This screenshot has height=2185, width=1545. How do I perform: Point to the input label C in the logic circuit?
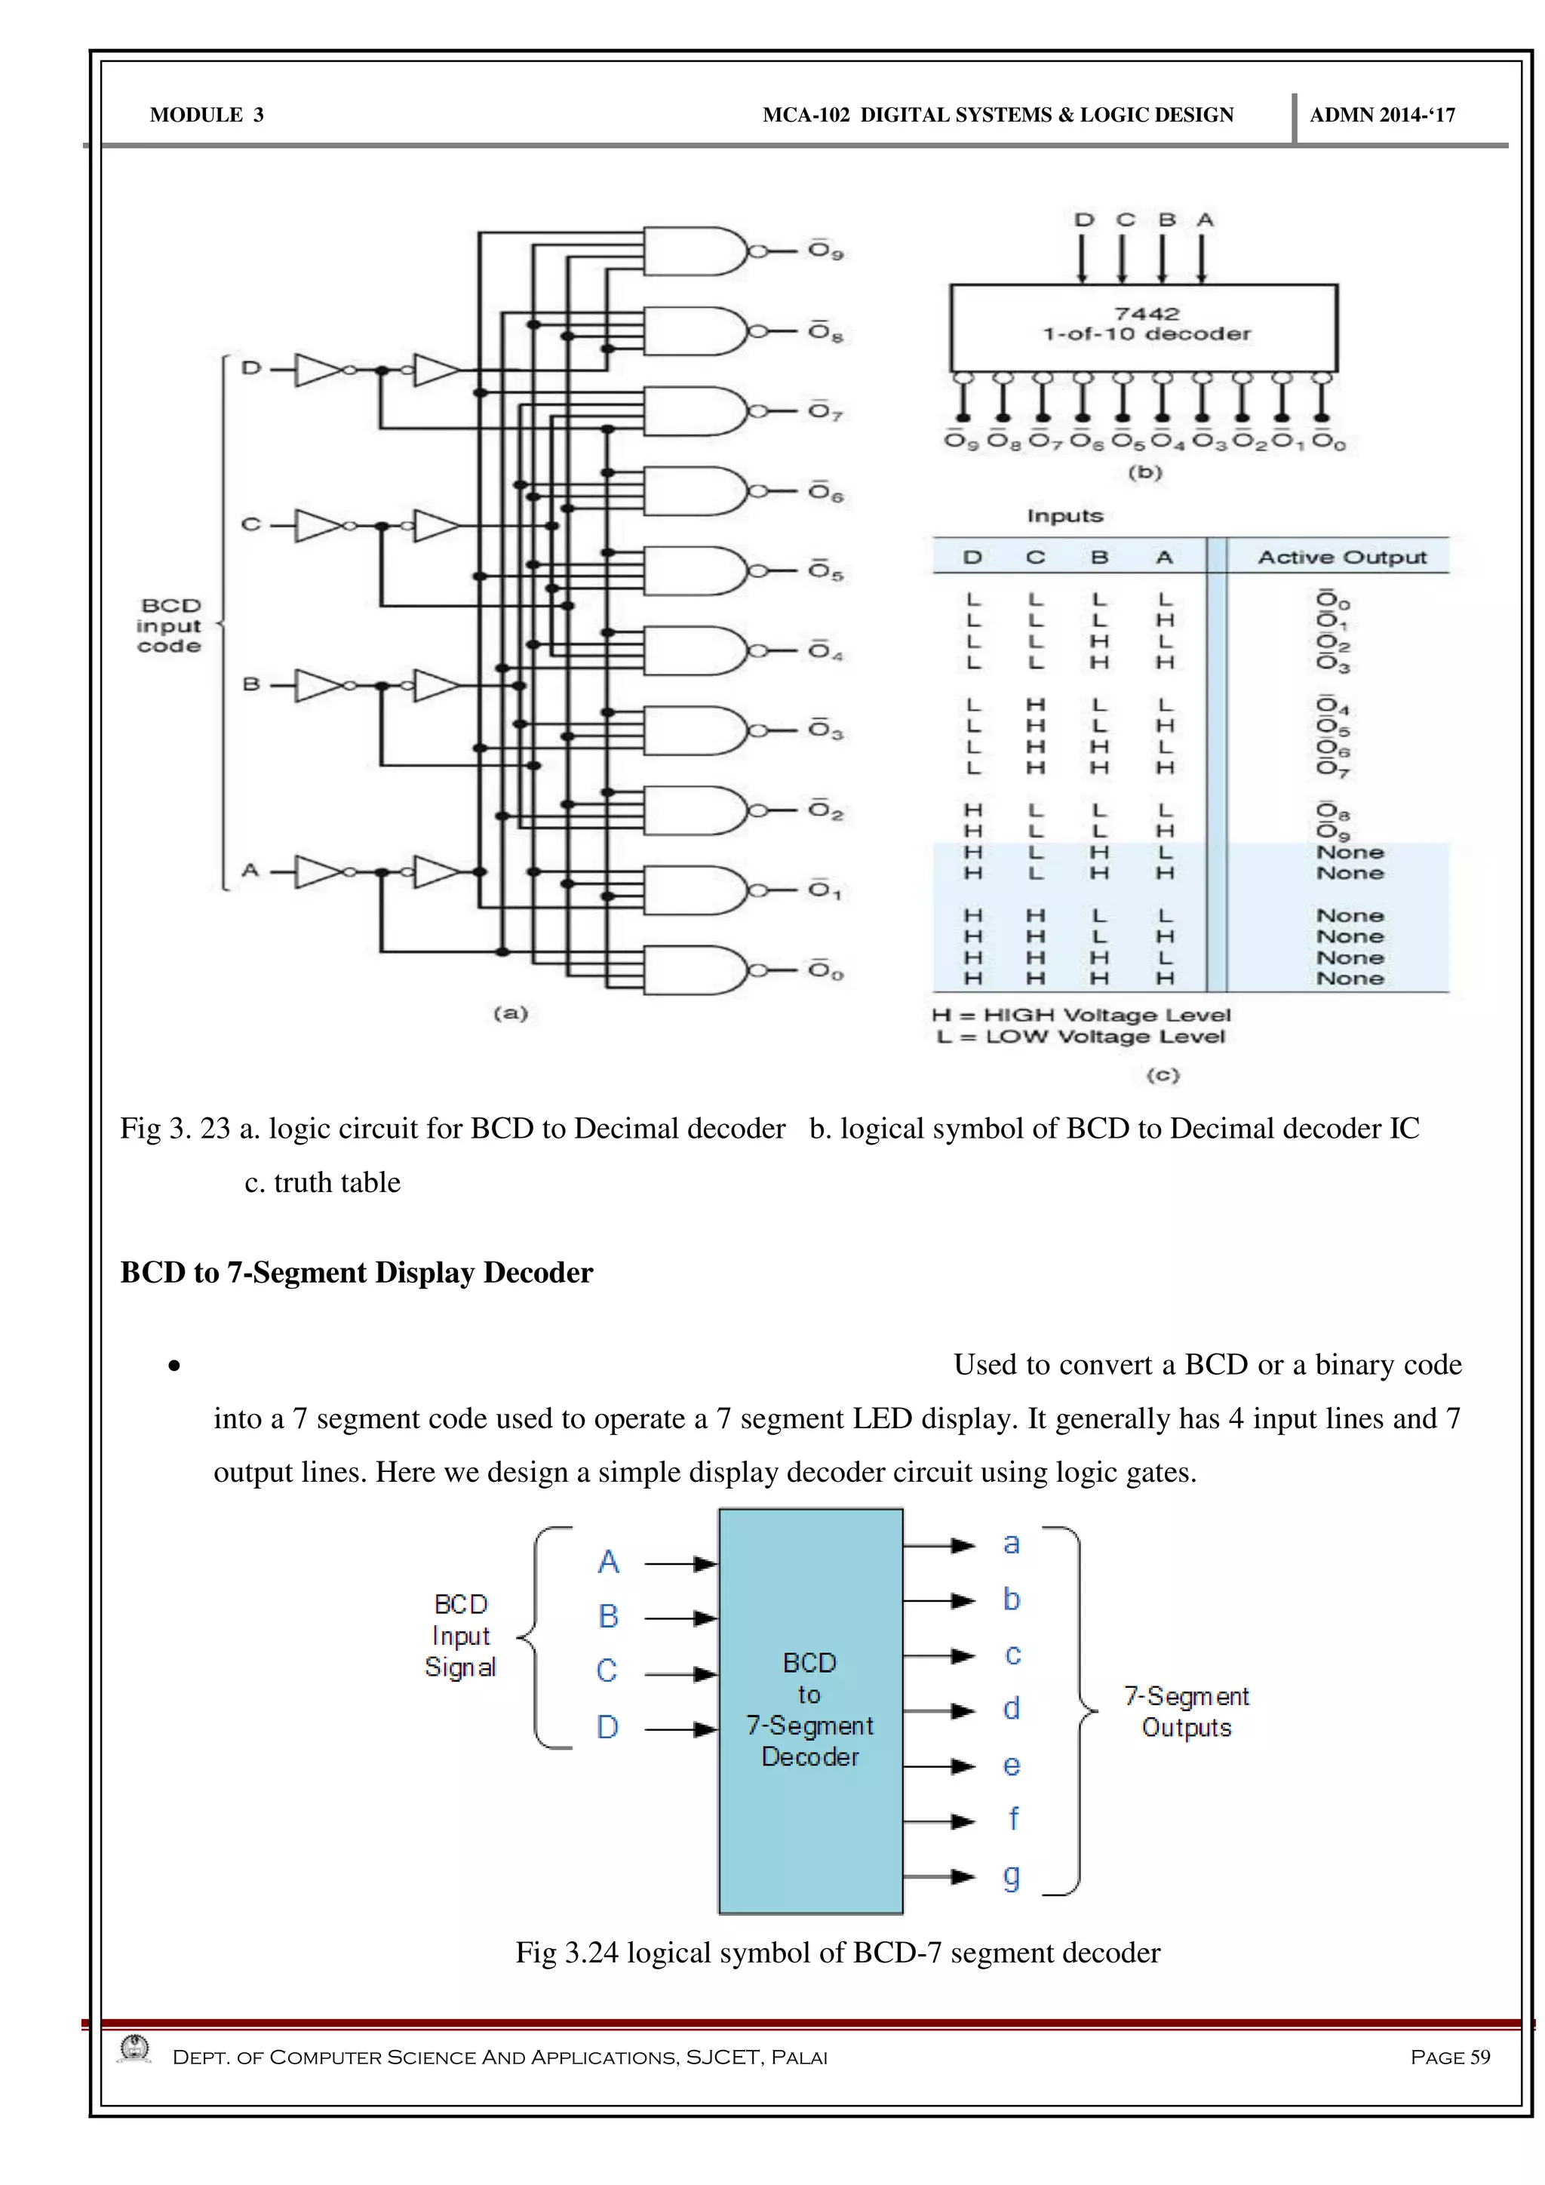251,524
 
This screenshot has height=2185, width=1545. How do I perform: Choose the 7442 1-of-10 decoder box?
1144,327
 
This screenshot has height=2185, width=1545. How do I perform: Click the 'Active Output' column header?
1341,557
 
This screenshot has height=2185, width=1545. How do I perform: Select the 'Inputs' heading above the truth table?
1064,516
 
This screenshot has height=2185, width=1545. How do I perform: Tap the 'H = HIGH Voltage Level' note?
1081,1015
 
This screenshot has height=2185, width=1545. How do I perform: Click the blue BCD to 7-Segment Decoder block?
810,1710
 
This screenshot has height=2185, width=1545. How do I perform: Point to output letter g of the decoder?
1012,1876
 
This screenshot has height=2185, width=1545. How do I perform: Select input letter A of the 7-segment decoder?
608,1562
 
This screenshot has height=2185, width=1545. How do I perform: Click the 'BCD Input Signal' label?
460,1635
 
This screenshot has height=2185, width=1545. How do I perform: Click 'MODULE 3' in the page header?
207,115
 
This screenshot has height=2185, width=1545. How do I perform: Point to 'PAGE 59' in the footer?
1449,2057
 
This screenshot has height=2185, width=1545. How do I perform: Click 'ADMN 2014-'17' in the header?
1381,115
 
